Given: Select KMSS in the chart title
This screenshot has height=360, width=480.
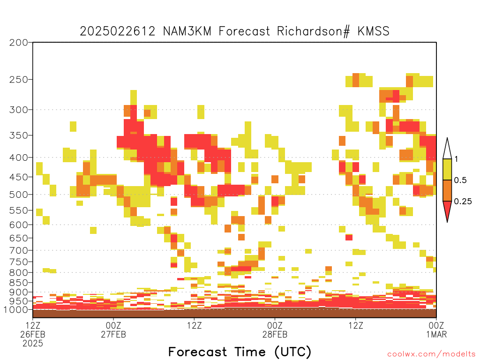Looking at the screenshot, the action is [x=374, y=31].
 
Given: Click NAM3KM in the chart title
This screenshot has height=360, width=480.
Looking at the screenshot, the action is [x=187, y=31].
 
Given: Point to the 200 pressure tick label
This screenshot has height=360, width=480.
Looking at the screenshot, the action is [x=19, y=43].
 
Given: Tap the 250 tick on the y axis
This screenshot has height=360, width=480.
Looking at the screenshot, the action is [x=19, y=80].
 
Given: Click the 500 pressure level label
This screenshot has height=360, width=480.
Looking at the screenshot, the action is [x=19, y=195].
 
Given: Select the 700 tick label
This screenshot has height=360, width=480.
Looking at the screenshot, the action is [x=19, y=250].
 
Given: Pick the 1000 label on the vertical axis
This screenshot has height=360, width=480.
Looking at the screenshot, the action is [x=16, y=309].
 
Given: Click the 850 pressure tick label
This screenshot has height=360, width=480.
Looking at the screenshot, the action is [x=19, y=283].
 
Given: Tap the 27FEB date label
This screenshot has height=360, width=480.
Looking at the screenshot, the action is [x=113, y=334].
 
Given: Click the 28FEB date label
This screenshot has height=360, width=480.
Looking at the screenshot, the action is [x=275, y=334].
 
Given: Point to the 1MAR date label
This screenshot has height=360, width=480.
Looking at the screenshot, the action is [x=436, y=334].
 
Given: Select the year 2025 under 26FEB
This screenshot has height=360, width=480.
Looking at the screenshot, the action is [x=33, y=344].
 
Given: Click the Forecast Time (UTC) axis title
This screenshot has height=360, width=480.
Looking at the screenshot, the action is [x=240, y=352].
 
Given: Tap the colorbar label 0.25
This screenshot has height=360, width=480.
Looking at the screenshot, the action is [x=463, y=201].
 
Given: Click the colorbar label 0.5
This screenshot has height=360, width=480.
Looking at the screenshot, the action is [x=460, y=180].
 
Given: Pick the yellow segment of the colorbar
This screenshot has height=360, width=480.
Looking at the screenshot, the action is [x=447, y=169].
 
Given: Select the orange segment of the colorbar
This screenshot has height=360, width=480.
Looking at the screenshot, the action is [x=447, y=190].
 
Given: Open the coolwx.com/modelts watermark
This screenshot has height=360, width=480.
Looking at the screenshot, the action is [x=431, y=354].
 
